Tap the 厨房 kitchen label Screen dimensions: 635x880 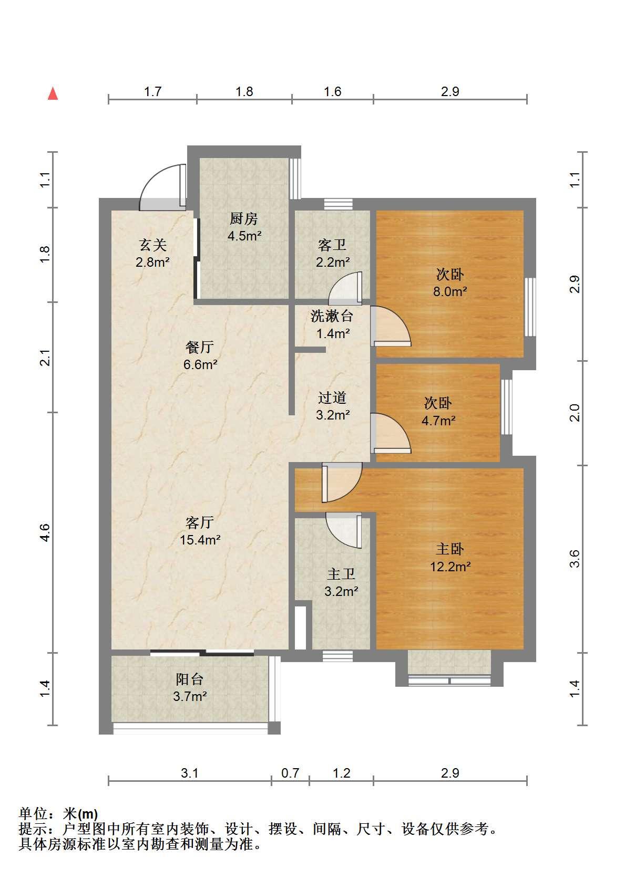[244, 219]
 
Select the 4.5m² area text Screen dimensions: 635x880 [244, 236]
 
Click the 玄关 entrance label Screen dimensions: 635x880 [152, 245]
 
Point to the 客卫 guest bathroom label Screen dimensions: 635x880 [332, 245]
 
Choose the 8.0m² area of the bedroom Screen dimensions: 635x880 [450, 291]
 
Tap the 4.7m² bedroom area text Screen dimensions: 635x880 [438, 421]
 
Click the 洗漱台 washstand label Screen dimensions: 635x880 [332, 316]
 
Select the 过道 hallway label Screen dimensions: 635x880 [332, 398]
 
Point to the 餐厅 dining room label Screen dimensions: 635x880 [200, 347]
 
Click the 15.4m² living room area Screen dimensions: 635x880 [200, 540]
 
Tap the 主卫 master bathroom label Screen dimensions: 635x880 [341, 574]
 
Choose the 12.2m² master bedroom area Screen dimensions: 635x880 [450, 567]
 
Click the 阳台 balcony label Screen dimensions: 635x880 [190, 679]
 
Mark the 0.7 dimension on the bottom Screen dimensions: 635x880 [290, 773]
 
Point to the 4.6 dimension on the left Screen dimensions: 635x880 [45, 533]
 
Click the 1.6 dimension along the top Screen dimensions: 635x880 [332, 91]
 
